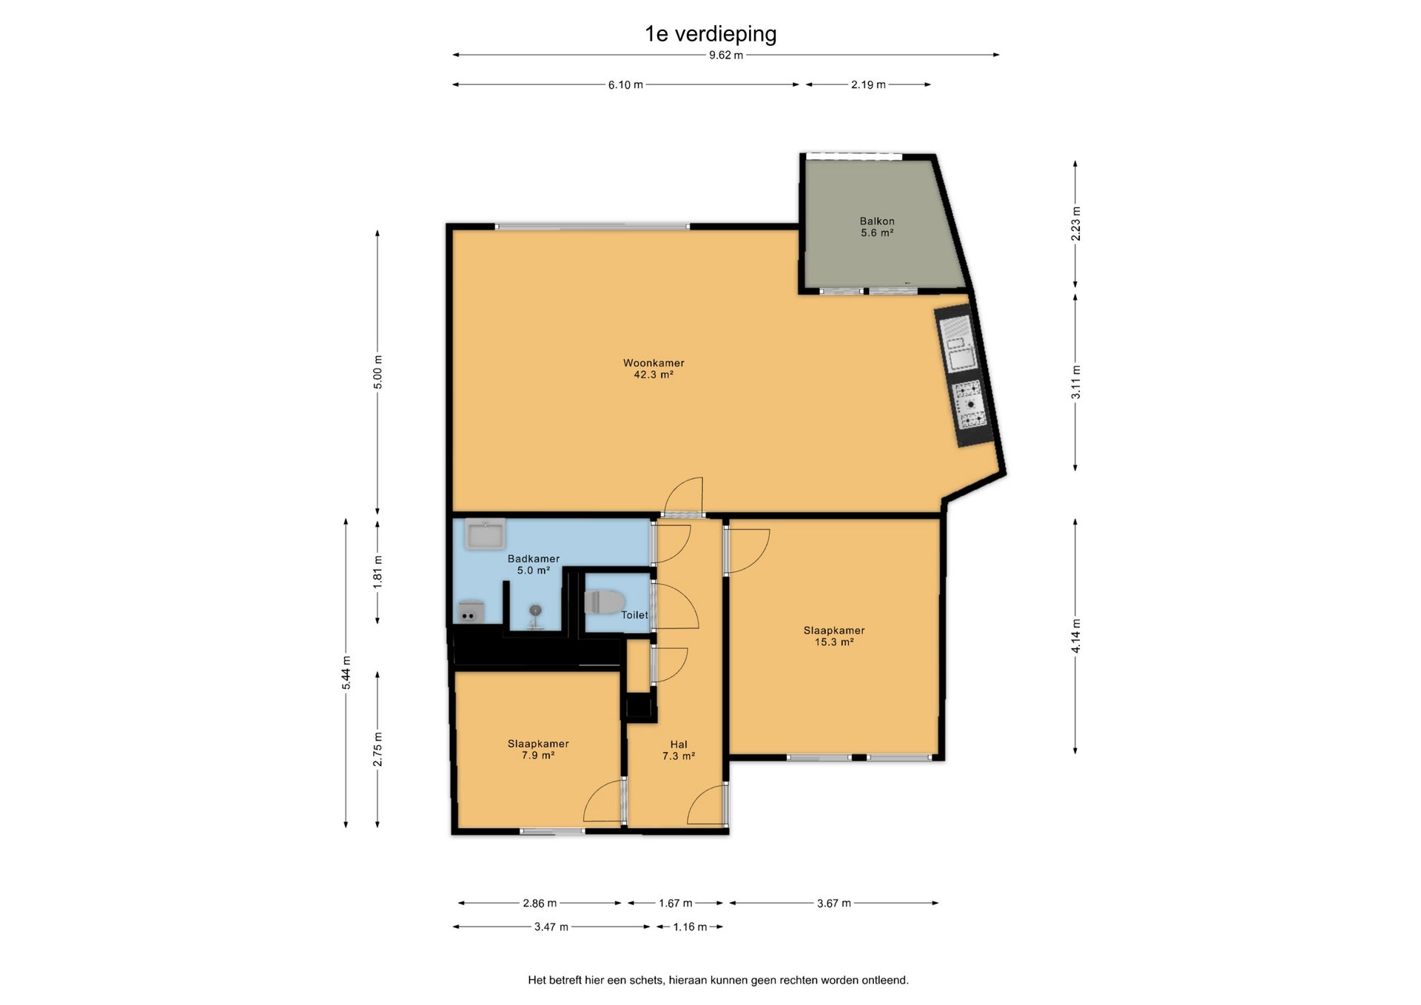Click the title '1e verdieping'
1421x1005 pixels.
click(x=710, y=34)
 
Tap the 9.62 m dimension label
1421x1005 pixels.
click(x=725, y=55)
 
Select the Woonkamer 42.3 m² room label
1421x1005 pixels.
click(x=654, y=369)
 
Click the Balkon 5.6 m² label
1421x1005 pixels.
click(x=877, y=226)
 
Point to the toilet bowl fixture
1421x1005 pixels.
click(x=605, y=601)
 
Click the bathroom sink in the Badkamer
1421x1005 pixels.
click(x=485, y=534)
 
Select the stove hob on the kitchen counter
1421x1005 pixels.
click(x=970, y=405)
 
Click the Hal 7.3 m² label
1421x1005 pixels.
click(x=679, y=750)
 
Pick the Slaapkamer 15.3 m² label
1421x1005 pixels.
click(x=834, y=636)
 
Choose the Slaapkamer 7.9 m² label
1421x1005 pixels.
click(x=538, y=749)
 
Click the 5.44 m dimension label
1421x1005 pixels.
click(x=346, y=673)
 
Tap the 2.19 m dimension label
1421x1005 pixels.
click(x=868, y=85)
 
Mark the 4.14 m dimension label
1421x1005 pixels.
click(x=1075, y=636)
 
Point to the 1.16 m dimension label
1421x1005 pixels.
click(x=690, y=927)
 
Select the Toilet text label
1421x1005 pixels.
click(x=634, y=615)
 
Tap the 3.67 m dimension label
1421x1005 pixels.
click(x=834, y=903)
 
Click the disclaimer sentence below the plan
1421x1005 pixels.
click(x=718, y=980)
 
